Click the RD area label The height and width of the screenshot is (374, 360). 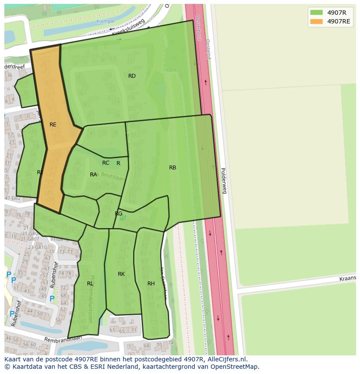coord(132,76)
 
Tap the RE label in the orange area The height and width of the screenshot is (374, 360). coord(53,125)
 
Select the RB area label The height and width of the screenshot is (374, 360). coord(173,168)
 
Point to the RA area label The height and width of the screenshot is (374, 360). coord(93,175)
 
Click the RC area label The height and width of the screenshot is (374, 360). coord(106,163)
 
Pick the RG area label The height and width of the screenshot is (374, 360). coord(118,214)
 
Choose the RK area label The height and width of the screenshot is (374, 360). coord(121,274)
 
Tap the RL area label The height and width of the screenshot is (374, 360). coord(90,284)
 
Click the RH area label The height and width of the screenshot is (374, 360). coord(151,284)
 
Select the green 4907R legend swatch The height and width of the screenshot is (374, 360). coord(317,13)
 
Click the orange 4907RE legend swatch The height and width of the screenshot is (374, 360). coord(317,21)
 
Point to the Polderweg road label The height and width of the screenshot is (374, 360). coord(223,180)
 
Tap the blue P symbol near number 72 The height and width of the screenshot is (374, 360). coord(52,299)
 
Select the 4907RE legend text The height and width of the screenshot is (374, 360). coord(339,21)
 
